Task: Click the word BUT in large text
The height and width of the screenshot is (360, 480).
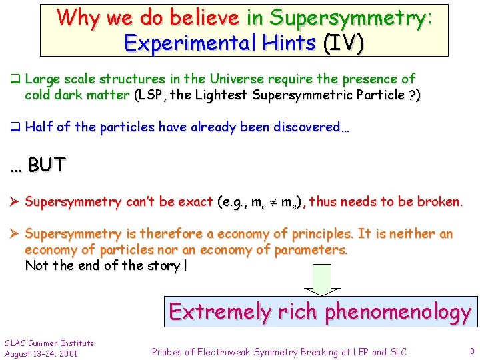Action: pyautogui.click(x=47, y=165)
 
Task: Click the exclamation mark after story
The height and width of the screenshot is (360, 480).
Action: pyautogui.click(x=185, y=265)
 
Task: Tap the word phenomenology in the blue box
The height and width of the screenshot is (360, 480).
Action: pyautogui.click(x=398, y=312)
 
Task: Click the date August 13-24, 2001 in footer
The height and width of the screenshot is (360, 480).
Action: pyautogui.click(x=41, y=353)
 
